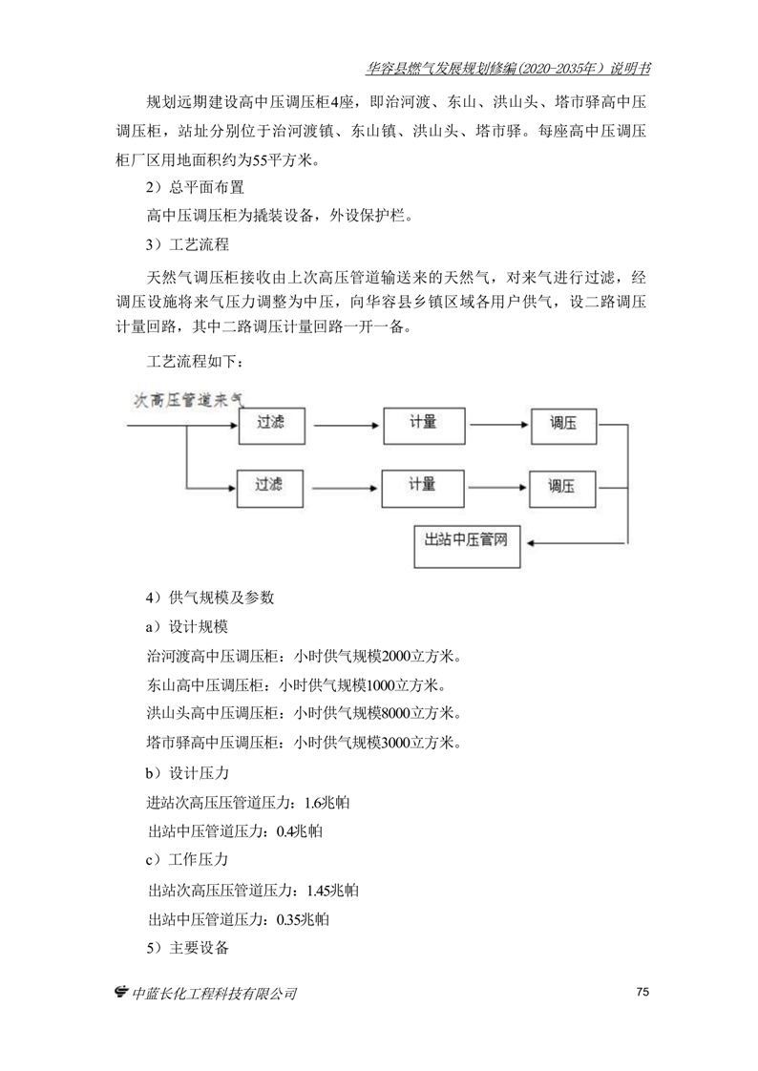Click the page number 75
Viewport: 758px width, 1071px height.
pyautogui.click(x=642, y=992)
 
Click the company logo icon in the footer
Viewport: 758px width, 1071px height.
pyautogui.click(x=121, y=993)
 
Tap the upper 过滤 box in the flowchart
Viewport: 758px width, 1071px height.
pyautogui.click(x=270, y=423)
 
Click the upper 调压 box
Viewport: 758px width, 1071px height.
pyautogui.click(x=561, y=423)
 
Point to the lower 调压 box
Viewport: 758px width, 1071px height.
pyautogui.click(x=561, y=486)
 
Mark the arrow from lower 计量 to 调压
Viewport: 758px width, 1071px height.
pyautogui.click(x=495, y=485)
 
